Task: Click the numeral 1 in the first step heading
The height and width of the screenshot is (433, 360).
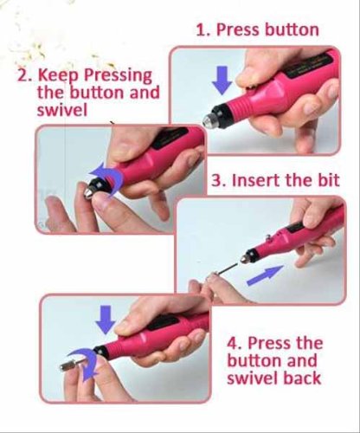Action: click(x=201, y=30)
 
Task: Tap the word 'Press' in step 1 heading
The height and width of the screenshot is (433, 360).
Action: click(x=238, y=29)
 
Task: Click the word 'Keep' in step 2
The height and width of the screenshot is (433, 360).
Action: click(x=58, y=76)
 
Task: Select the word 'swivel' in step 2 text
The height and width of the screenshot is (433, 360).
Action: click(x=62, y=110)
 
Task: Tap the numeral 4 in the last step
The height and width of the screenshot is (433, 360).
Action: click(x=233, y=344)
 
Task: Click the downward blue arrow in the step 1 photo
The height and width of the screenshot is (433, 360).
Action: click(x=222, y=80)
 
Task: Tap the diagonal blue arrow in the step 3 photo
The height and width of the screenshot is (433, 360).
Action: click(x=265, y=275)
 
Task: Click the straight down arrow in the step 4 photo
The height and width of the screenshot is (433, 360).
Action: click(x=106, y=320)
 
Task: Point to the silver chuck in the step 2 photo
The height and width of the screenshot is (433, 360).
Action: click(x=89, y=192)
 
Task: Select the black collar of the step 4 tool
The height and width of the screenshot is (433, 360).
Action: click(x=102, y=352)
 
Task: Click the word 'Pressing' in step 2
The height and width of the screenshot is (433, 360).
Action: click(x=118, y=76)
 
